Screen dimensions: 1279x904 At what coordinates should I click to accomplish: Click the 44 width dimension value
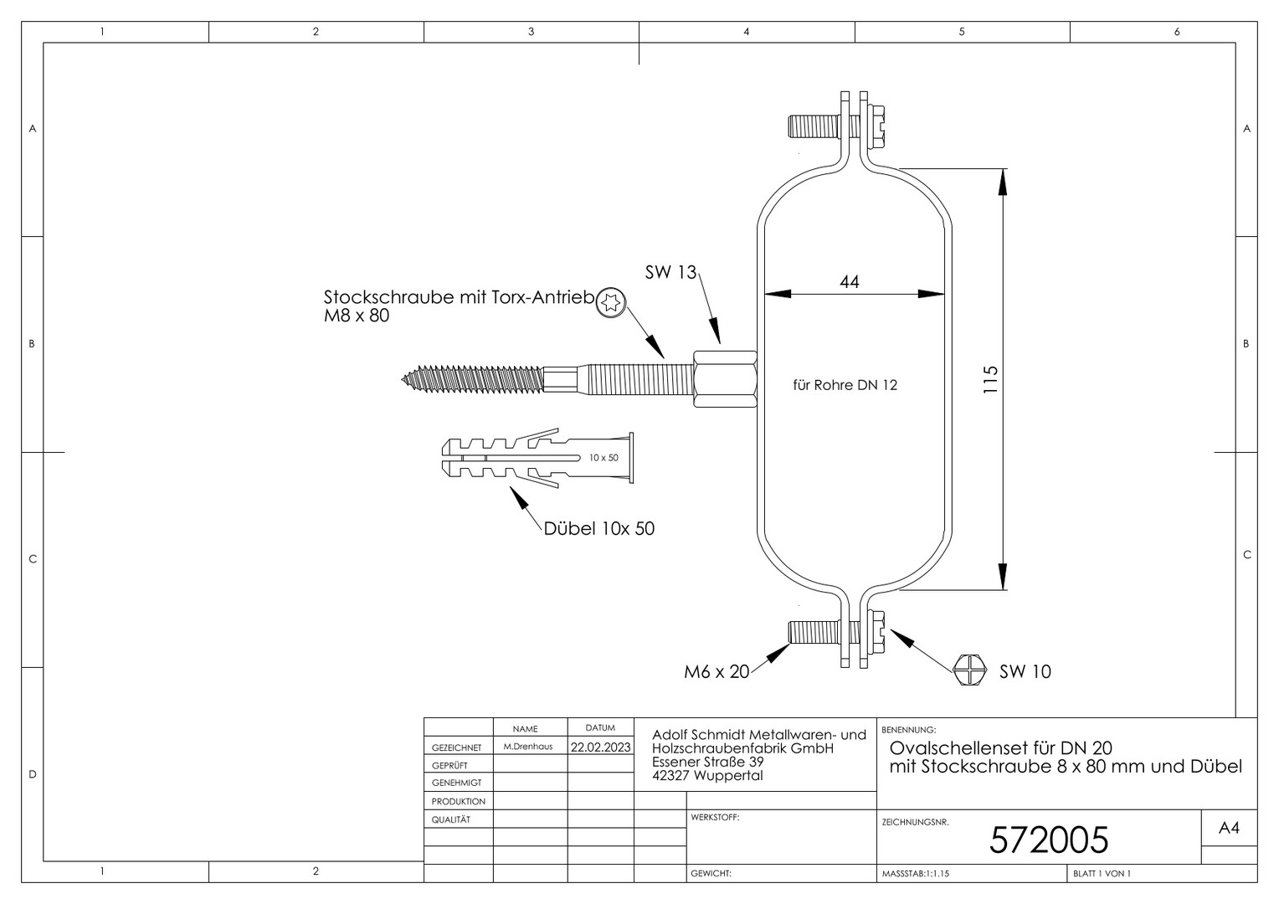click(849, 281)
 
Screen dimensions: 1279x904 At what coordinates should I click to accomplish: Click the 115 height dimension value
click(991, 380)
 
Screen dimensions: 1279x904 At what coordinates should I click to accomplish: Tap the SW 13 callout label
click(671, 272)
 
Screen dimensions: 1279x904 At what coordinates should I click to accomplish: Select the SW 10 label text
click(1025, 671)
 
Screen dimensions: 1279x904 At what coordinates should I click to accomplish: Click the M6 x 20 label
click(717, 672)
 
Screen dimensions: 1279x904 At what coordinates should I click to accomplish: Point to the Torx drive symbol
click(610, 303)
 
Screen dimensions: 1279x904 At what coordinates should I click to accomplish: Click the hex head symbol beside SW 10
click(969, 670)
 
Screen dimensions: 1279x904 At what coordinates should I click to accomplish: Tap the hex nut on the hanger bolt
click(725, 379)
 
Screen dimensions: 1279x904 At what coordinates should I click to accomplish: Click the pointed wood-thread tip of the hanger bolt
click(403, 378)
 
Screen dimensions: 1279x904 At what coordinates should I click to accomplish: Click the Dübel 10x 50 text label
click(599, 529)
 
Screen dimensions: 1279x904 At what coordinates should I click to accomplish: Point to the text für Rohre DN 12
click(845, 386)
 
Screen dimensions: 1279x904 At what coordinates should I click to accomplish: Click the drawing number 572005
click(1048, 840)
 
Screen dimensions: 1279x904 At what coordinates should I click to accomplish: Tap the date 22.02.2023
click(601, 747)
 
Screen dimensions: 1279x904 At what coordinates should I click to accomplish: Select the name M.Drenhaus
click(528, 747)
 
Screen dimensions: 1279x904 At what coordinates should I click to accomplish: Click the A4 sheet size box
click(1230, 828)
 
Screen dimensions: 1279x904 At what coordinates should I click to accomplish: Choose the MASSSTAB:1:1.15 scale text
click(915, 874)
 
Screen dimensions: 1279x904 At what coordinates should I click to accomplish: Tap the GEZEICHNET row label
click(457, 747)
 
